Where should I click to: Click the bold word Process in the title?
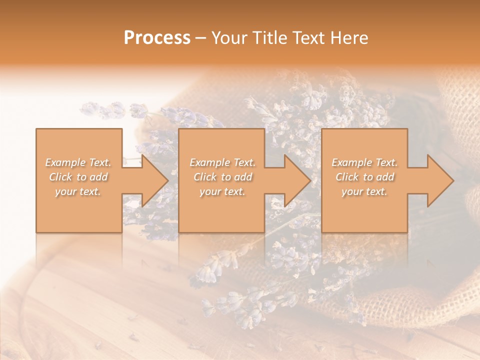157,38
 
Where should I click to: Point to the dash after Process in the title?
201,38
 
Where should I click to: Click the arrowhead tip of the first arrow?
167,180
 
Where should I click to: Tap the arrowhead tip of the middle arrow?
310,180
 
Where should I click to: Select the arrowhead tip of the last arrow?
453,180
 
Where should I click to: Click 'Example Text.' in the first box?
78,162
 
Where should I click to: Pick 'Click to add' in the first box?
78,177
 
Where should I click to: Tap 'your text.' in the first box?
78,191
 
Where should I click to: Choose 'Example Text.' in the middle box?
222,162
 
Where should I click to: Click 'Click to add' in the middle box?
222,177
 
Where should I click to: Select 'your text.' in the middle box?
222,191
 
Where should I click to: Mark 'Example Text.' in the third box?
364,162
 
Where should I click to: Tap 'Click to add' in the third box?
364,177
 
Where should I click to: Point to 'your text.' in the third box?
364,191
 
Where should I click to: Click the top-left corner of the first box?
36,129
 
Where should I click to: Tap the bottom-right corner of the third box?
407,232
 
